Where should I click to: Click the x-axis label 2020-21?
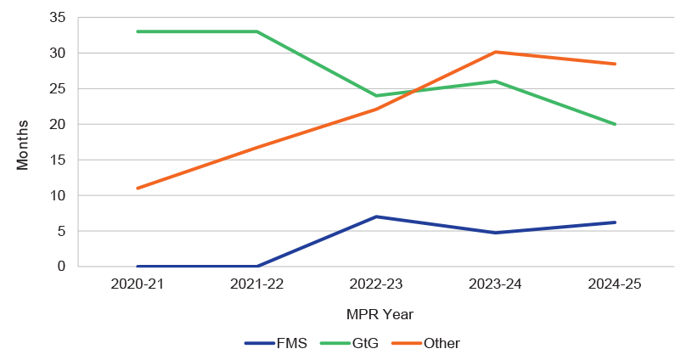pos(137,285)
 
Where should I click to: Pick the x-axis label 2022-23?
pos(376,285)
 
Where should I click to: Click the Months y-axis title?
pos(23,144)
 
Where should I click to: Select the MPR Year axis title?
pos(379,314)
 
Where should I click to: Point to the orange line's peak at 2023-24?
pos(496,52)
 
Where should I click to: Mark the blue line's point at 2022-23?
pos(376,217)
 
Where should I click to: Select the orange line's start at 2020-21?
pos(137,188)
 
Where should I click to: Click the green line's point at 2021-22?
pos(256,31)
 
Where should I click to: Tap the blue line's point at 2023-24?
pos(496,233)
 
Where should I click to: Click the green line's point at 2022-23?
pos(376,95)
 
